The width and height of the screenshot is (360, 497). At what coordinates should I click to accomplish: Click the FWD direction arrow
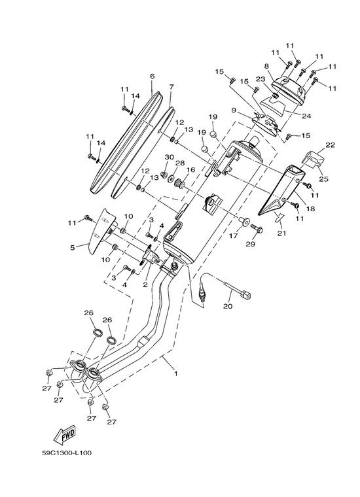tap(64, 434)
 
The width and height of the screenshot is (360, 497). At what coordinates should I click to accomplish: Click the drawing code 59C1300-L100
tap(67, 453)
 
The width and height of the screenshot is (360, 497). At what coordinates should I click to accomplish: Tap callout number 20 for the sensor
tap(228, 306)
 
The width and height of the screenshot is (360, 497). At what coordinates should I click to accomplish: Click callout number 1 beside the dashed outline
tap(176, 373)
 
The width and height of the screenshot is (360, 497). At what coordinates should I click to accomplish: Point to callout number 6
tap(153, 76)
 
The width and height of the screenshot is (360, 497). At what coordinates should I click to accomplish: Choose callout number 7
tap(171, 86)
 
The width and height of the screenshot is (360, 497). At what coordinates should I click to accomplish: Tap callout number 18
tap(310, 209)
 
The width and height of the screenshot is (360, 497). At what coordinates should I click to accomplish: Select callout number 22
tap(330, 145)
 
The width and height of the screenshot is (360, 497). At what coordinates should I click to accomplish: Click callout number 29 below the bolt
tap(251, 245)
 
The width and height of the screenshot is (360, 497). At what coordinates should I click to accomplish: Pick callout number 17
tap(234, 236)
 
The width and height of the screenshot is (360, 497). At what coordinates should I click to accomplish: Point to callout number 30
tap(170, 157)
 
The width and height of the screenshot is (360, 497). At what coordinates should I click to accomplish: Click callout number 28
tap(180, 163)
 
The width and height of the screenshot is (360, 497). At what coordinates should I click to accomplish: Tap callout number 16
tap(190, 170)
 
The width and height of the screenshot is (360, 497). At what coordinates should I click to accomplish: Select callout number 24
tap(306, 116)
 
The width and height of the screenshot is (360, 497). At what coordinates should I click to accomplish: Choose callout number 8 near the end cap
tap(266, 66)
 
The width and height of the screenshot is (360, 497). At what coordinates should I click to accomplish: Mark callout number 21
tap(281, 233)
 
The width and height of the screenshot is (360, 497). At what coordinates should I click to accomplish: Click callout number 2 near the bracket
tap(145, 284)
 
